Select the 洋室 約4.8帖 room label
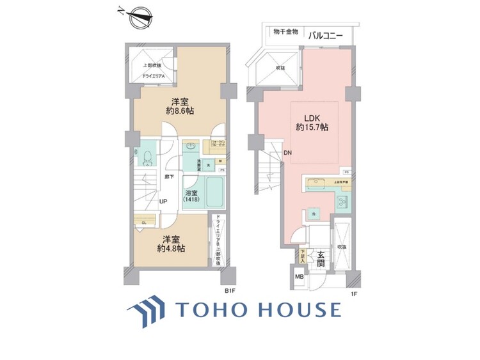173,244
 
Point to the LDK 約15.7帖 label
312,122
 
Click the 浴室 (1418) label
191,196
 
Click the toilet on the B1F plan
147,158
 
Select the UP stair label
164,201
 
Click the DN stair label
288,153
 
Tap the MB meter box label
299,277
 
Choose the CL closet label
145,222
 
